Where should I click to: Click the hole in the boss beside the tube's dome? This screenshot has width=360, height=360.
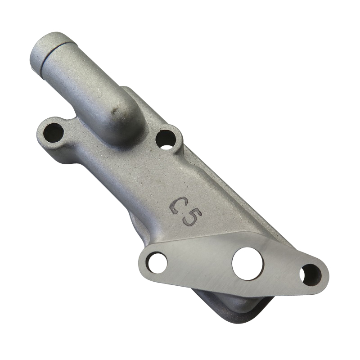166,138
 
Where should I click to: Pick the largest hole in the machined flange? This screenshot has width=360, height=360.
247,262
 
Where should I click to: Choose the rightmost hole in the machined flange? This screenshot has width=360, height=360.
310,273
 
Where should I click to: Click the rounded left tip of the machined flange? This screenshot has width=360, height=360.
143,261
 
